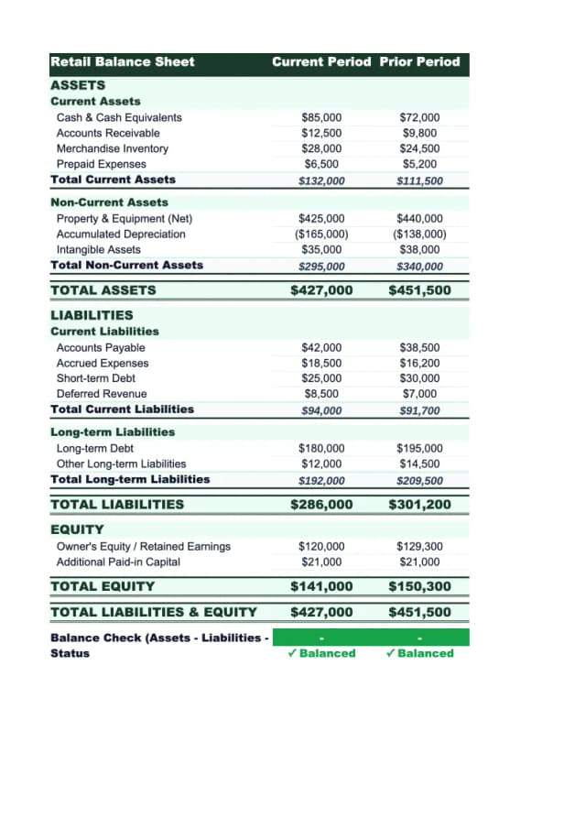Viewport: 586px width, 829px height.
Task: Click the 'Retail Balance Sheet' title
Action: pos(123,61)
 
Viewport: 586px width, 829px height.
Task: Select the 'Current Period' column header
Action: pos(321,61)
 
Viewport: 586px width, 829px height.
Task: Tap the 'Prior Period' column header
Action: pos(419,61)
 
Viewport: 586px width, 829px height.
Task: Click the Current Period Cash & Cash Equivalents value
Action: pos(321,117)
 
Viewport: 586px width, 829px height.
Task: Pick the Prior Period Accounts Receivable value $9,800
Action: pos(419,133)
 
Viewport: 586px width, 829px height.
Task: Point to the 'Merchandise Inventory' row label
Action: pos(113,148)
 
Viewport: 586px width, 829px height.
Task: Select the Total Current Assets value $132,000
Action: pos(321,180)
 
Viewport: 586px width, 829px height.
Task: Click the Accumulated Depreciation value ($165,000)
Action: pos(321,234)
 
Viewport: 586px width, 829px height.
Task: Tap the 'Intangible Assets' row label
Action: pos(99,249)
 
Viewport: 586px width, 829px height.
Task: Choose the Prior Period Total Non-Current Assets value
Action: pos(419,267)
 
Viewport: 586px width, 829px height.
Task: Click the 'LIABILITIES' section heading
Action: pos(92,314)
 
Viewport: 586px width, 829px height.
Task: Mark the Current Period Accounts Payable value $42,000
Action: pos(321,347)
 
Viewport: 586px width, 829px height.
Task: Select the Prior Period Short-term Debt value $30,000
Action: pos(419,378)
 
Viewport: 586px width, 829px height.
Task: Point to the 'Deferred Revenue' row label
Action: pos(102,394)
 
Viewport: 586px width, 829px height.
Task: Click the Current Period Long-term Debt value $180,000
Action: pos(321,448)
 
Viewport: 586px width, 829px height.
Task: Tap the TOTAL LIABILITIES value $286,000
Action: pos(321,504)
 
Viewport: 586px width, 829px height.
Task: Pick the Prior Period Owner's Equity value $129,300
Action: pos(419,546)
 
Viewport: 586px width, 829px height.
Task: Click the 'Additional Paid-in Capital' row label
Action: pos(118,562)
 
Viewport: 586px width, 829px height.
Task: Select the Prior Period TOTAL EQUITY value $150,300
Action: pos(419,586)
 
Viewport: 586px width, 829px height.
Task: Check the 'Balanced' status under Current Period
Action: pos(321,653)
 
